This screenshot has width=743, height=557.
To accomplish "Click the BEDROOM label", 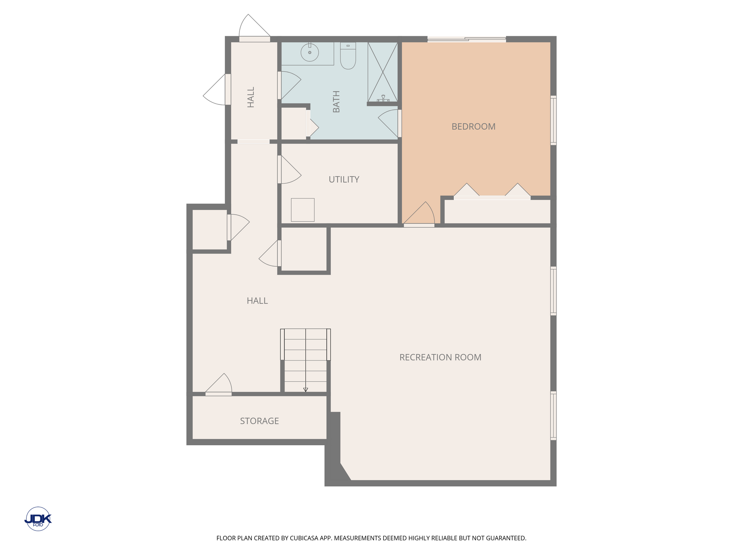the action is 473,127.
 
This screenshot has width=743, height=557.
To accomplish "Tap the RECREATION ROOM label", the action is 440,357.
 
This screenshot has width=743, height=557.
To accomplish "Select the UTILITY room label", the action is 344,180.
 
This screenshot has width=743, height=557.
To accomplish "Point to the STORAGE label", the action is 259,421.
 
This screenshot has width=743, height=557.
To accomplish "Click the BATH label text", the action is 336,102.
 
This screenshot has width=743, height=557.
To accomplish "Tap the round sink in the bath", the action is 310,53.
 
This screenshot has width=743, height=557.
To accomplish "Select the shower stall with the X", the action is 383,72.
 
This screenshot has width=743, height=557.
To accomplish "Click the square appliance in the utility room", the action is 303,210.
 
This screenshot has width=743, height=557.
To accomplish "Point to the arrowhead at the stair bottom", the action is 305,390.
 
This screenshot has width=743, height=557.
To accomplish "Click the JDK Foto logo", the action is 38,519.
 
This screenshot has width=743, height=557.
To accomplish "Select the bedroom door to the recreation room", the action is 419,214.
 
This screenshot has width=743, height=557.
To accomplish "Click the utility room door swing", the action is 290,169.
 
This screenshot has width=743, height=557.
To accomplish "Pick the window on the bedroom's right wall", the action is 553,120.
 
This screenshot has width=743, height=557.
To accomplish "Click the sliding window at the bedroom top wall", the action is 467,39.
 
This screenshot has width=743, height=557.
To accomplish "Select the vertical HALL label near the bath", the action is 251,97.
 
